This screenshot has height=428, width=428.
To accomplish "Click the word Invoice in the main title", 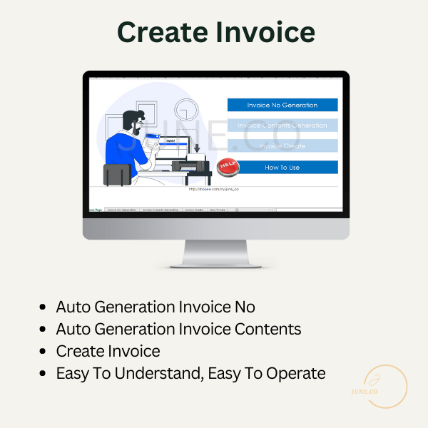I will [x=267, y=32].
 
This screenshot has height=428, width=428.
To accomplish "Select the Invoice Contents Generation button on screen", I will [x=282, y=126].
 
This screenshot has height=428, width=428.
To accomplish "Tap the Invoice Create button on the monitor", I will [x=282, y=146].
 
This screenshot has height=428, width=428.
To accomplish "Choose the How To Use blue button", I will [x=282, y=167].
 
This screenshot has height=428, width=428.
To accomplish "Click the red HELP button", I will [x=228, y=165].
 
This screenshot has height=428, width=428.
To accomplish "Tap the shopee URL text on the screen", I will [x=213, y=189].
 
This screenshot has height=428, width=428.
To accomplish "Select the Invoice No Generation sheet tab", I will [x=121, y=210].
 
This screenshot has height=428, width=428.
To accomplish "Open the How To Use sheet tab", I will [x=217, y=210].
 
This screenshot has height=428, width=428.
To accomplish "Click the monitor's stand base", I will [x=215, y=263].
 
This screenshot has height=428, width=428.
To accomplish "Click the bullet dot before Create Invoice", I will [x=44, y=352].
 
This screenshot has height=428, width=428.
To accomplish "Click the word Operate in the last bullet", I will [x=294, y=373].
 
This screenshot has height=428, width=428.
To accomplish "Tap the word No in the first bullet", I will [x=245, y=307].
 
